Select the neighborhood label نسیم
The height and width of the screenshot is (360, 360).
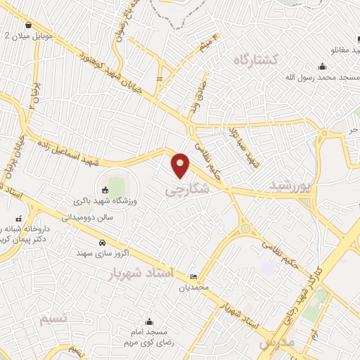pyautogui.click(x=55, y=319)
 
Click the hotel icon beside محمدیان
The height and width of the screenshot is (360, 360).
pyautogui.click(x=193, y=276)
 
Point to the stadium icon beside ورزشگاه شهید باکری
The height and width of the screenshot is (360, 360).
pyautogui.click(x=105, y=190)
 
